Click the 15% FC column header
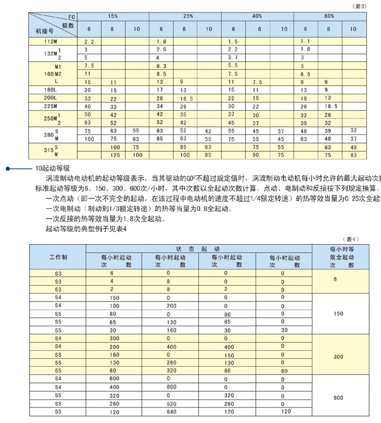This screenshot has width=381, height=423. pyautogui.click(x=113, y=16)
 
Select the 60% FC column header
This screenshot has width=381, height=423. pyautogui.click(x=329, y=16)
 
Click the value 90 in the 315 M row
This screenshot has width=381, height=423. pyautogui.click(x=256, y=155)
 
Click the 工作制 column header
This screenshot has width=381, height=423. pyautogui.click(x=58, y=257)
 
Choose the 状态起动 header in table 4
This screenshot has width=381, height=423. pyautogui.click(x=199, y=249)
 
